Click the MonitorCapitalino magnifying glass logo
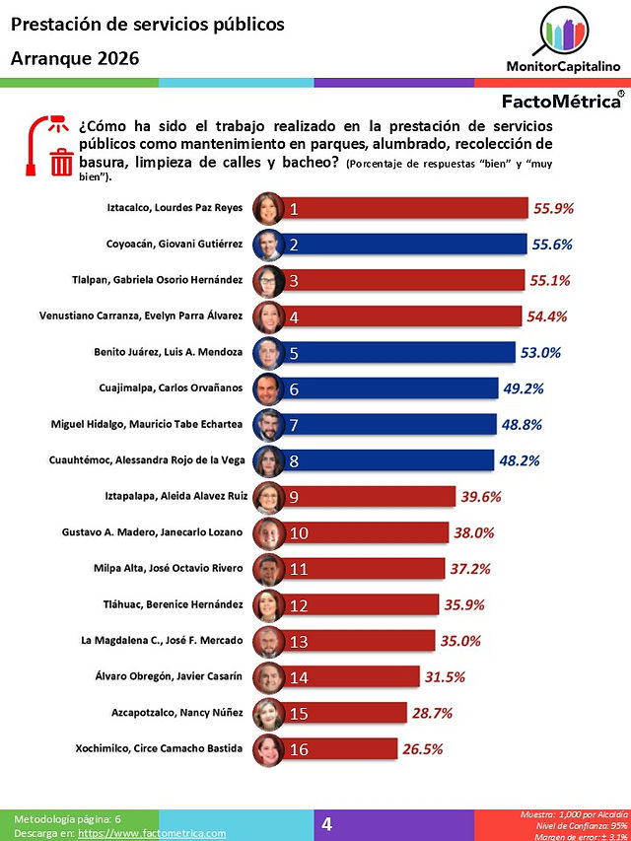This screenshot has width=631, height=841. [x=562, y=32]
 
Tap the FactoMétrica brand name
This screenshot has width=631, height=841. [x=561, y=101]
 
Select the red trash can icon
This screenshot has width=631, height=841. [x=61, y=162]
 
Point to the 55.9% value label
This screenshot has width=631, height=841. [x=553, y=208]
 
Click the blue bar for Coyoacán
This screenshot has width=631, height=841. [x=403, y=245]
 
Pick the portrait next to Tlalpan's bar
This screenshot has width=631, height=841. [x=268, y=281]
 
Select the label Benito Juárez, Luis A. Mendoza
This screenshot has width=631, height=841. [x=168, y=352]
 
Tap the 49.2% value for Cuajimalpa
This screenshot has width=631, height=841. [x=524, y=388]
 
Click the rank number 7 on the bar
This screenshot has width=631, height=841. [x=294, y=425]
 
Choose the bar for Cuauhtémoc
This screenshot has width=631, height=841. [x=386, y=460]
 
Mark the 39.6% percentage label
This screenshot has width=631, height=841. [x=481, y=497]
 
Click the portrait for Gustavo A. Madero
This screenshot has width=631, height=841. [x=268, y=533]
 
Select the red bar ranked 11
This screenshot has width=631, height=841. [x=362, y=569]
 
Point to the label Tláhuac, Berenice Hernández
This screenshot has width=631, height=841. [x=173, y=604]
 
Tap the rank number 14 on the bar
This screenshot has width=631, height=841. [x=299, y=677]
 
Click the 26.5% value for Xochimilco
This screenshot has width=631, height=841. [x=422, y=748]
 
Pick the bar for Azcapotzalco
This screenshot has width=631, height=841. [x=343, y=713]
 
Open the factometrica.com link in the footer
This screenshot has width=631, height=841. [x=152, y=833]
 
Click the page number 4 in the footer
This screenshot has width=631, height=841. [x=326, y=824]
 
